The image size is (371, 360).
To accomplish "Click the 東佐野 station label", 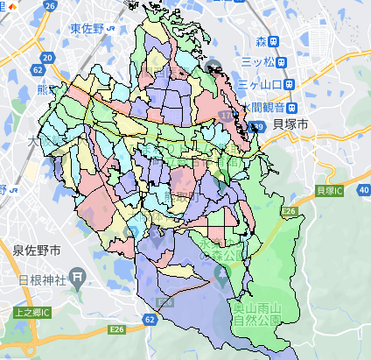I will click(87, 29).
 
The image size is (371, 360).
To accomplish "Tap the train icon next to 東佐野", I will click(112, 29).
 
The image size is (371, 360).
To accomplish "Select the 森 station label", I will click(260, 40).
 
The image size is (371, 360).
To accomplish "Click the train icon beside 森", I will click(275, 40).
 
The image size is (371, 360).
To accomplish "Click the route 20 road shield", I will click(46, 58).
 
